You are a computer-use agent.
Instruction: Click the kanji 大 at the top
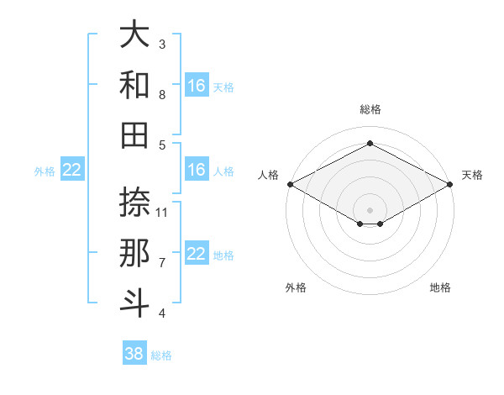click(x=134, y=35)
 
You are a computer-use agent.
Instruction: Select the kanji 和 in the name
click(x=134, y=86)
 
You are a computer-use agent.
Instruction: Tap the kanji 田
click(x=134, y=135)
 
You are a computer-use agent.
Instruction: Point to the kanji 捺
click(x=134, y=202)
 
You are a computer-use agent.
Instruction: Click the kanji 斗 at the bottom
click(x=134, y=303)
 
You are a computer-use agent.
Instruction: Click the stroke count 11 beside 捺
click(x=163, y=212)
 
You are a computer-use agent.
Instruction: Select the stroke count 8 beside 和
click(x=162, y=95)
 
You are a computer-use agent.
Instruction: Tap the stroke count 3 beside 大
click(x=162, y=45)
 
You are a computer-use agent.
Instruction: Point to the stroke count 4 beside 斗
click(x=162, y=313)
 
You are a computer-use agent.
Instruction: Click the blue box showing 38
click(x=134, y=354)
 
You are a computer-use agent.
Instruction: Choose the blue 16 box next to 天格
click(x=197, y=86)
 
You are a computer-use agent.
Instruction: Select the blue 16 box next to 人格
click(x=197, y=170)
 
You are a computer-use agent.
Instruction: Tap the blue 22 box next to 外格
click(x=72, y=170)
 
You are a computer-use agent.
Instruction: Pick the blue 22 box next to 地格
click(x=197, y=254)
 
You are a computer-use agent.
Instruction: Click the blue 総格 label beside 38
click(x=161, y=355)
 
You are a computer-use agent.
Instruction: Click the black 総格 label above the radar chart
click(x=370, y=109)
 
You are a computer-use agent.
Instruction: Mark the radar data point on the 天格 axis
click(x=450, y=183)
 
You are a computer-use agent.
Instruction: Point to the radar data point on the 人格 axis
click(x=289, y=183)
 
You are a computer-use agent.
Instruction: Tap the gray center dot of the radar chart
click(x=370, y=208)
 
